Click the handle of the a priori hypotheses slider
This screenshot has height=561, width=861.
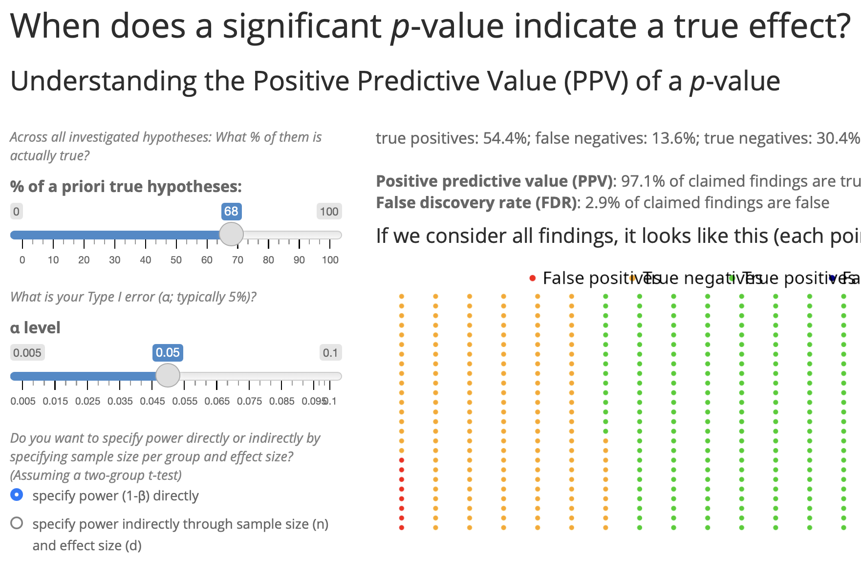pyautogui.click(x=231, y=235)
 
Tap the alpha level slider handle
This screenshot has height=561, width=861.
pyautogui.click(x=168, y=376)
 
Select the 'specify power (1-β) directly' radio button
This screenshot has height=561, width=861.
pyautogui.click(x=17, y=495)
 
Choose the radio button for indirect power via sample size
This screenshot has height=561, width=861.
pyautogui.click(x=17, y=523)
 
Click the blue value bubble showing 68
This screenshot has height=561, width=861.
pyautogui.click(x=231, y=212)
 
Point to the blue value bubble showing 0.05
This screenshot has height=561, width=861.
pyautogui.click(x=168, y=353)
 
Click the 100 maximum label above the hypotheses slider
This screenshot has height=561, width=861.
pyautogui.click(x=329, y=212)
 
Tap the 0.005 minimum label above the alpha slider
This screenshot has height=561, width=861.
pyautogui.click(x=27, y=353)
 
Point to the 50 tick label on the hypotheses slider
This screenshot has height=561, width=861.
pyautogui.click(x=176, y=260)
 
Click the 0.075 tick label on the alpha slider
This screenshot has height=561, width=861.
pyautogui.click(x=249, y=401)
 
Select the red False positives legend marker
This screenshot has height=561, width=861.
pyautogui.click(x=533, y=279)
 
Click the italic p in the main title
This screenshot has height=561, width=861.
pyautogui.click(x=400, y=27)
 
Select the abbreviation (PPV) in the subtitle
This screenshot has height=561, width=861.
pyautogui.click(x=596, y=81)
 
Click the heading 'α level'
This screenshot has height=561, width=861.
pyautogui.click(x=35, y=327)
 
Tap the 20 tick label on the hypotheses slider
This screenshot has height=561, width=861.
pyautogui.click(x=84, y=260)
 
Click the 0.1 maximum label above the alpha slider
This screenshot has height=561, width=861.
pyautogui.click(x=330, y=353)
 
